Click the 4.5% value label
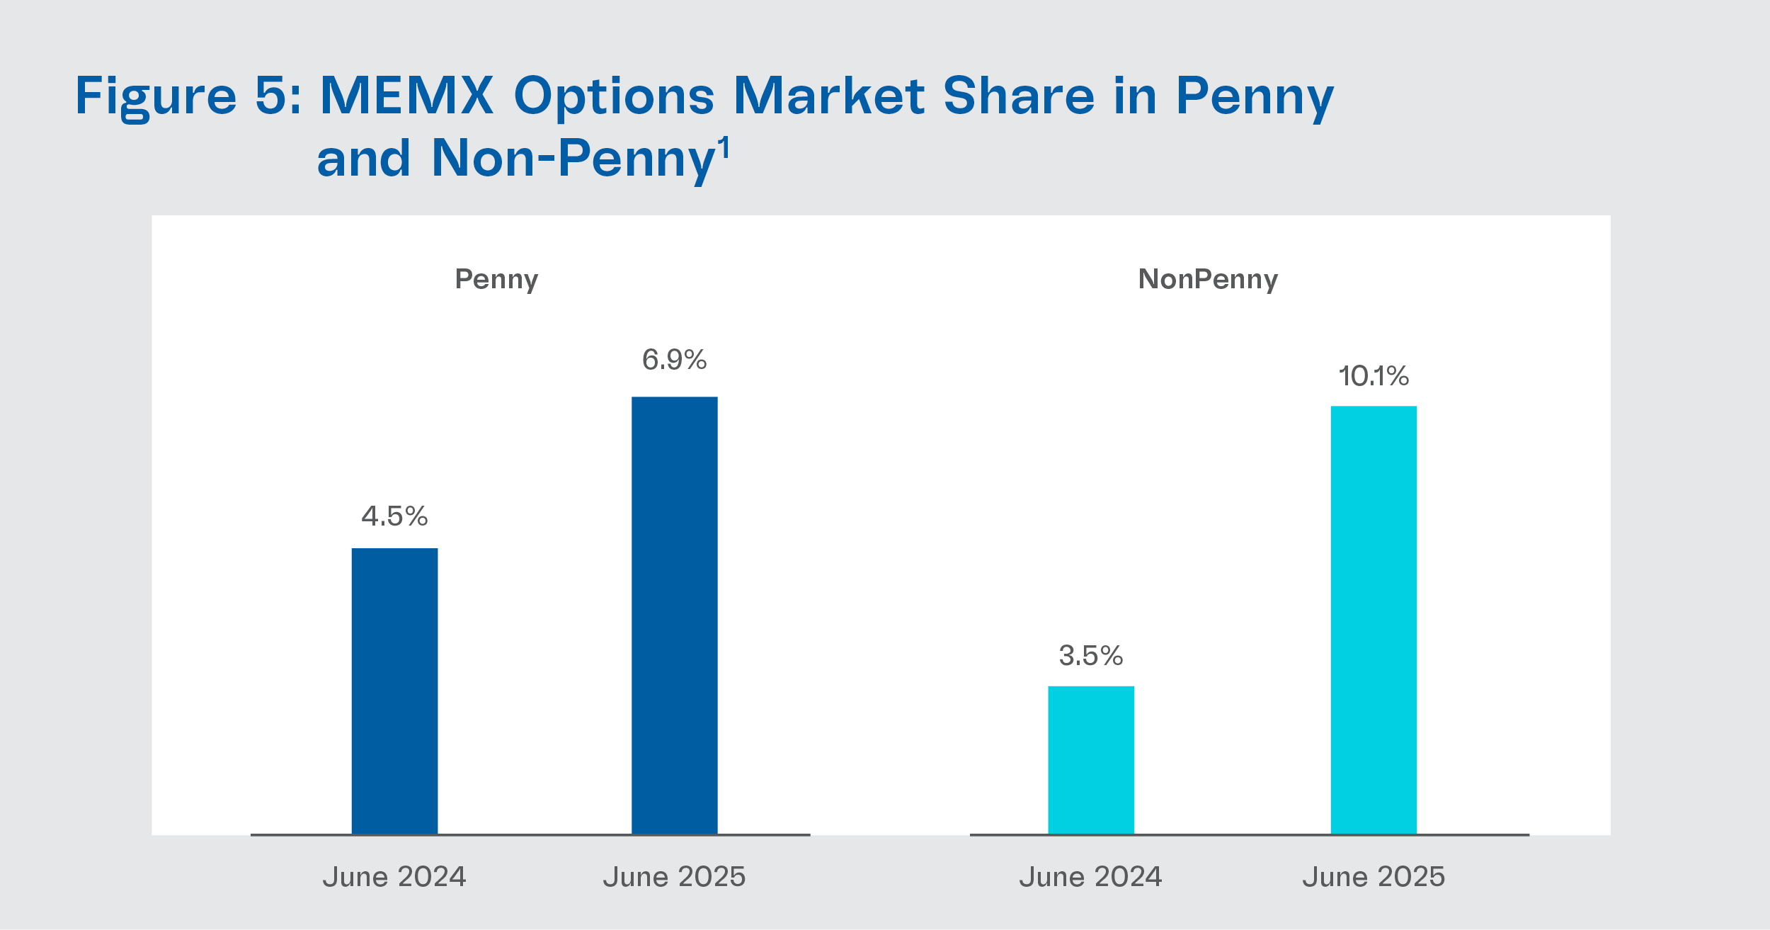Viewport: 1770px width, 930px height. tap(394, 516)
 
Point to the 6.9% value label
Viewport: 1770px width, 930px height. tap(674, 360)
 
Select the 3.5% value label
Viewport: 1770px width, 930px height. tap(1091, 656)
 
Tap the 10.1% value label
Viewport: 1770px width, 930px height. tap(1374, 376)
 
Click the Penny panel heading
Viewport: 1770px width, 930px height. tap(496, 280)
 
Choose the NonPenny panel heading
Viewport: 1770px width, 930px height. tap(1208, 280)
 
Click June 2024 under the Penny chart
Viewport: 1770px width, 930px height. tap(394, 877)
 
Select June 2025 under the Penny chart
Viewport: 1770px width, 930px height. tap(674, 877)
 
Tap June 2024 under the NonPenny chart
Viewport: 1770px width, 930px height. tap(1091, 877)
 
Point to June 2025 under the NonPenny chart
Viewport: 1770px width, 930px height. tap(1374, 877)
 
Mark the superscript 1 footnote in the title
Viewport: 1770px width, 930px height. tap(724, 149)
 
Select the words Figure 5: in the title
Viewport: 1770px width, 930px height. tap(188, 96)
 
